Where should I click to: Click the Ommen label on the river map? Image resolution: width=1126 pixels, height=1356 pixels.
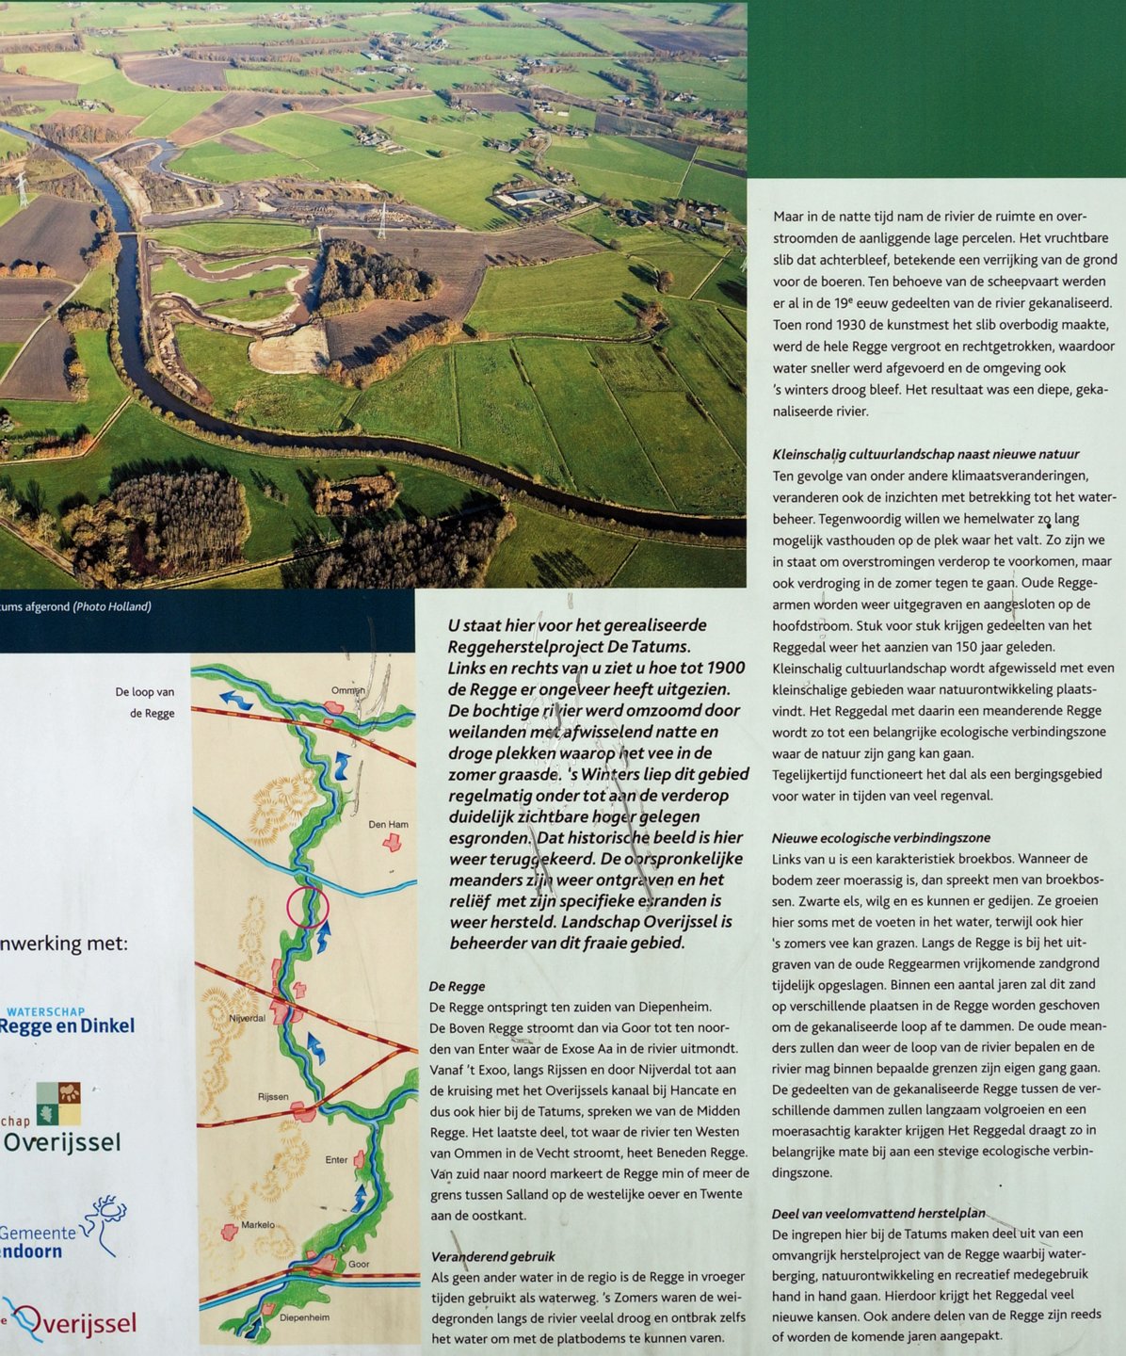click(x=347, y=691)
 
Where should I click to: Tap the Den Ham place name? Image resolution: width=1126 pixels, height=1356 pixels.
click(x=388, y=825)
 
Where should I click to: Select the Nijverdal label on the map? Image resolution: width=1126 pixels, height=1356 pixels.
click(x=248, y=1019)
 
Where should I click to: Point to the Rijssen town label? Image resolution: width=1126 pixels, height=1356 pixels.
click(x=273, y=1097)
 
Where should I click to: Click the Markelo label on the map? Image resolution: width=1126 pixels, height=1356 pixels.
click(x=258, y=1225)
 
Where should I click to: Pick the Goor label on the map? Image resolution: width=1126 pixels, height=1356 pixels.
click(x=359, y=1264)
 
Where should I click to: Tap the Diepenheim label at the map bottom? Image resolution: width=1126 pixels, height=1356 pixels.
click(x=304, y=1317)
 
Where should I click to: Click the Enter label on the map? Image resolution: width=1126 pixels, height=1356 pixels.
click(x=336, y=1160)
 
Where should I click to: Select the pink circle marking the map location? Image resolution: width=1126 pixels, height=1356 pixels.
click(x=307, y=908)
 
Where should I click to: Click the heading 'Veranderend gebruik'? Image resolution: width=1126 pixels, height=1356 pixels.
click(x=493, y=1256)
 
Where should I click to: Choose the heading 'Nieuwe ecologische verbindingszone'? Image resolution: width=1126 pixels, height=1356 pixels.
click(x=881, y=838)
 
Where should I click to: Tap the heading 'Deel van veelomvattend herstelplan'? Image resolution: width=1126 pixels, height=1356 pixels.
click(x=878, y=1213)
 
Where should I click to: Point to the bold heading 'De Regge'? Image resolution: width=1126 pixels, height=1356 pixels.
click(x=457, y=987)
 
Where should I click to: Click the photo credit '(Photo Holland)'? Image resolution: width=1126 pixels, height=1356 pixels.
click(x=112, y=606)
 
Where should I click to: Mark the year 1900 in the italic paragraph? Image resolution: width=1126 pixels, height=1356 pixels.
click(x=723, y=669)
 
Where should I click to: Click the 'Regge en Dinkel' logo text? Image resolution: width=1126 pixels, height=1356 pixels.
click(x=68, y=1026)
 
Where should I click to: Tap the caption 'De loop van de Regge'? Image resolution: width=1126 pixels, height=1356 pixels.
click(x=145, y=702)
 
